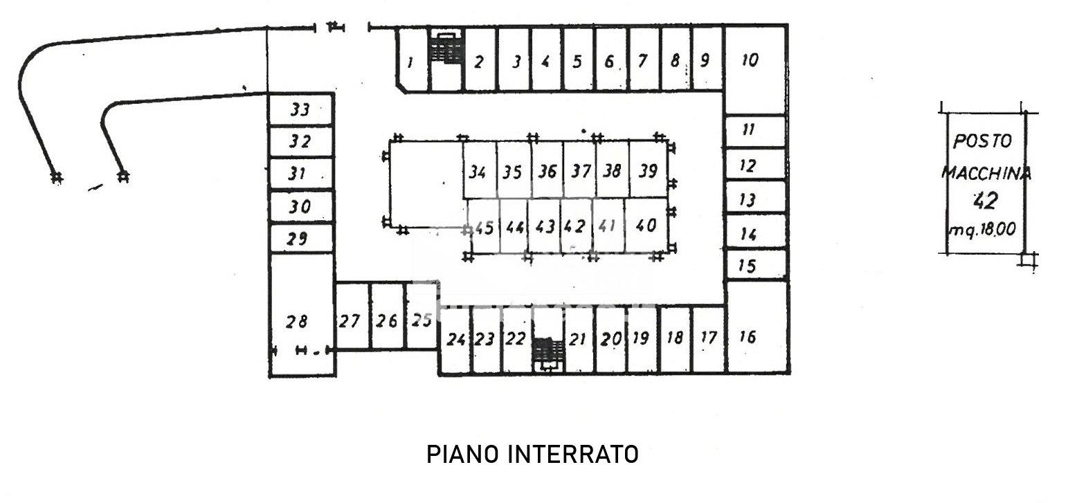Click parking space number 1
tap(413, 59)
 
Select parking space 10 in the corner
tap(754, 70)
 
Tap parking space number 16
tap(756, 327)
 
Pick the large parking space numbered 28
tap(301, 315)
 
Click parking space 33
tap(301, 109)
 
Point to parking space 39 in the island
tap(649, 170)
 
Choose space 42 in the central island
tap(576, 226)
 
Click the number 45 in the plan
tap(484, 228)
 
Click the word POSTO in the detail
tap(982, 141)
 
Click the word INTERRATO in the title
tap(572, 455)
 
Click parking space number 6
tap(610, 59)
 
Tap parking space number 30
tap(301, 206)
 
